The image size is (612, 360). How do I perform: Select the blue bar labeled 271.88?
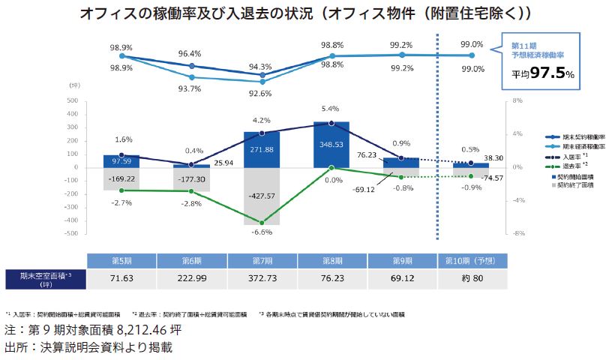[x=262, y=150]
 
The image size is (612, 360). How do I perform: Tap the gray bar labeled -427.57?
[x=262, y=196]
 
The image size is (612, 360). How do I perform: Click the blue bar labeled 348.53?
[x=331, y=144]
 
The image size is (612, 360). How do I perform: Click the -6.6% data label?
[x=261, y=232]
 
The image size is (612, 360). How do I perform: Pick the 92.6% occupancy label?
[x=262, y=93]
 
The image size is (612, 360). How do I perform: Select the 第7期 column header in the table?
[x=262, y=260]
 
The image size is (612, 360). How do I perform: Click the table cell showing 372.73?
[x=262, y=279]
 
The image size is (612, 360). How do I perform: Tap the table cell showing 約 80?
[x=472, y=279]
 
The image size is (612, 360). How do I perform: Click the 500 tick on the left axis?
[x=72, y=100]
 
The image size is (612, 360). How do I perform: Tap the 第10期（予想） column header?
[x=472, y=260]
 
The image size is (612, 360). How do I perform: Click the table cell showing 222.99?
[x=192, y=279]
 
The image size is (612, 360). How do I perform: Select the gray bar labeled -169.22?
[x=121, y=179]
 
